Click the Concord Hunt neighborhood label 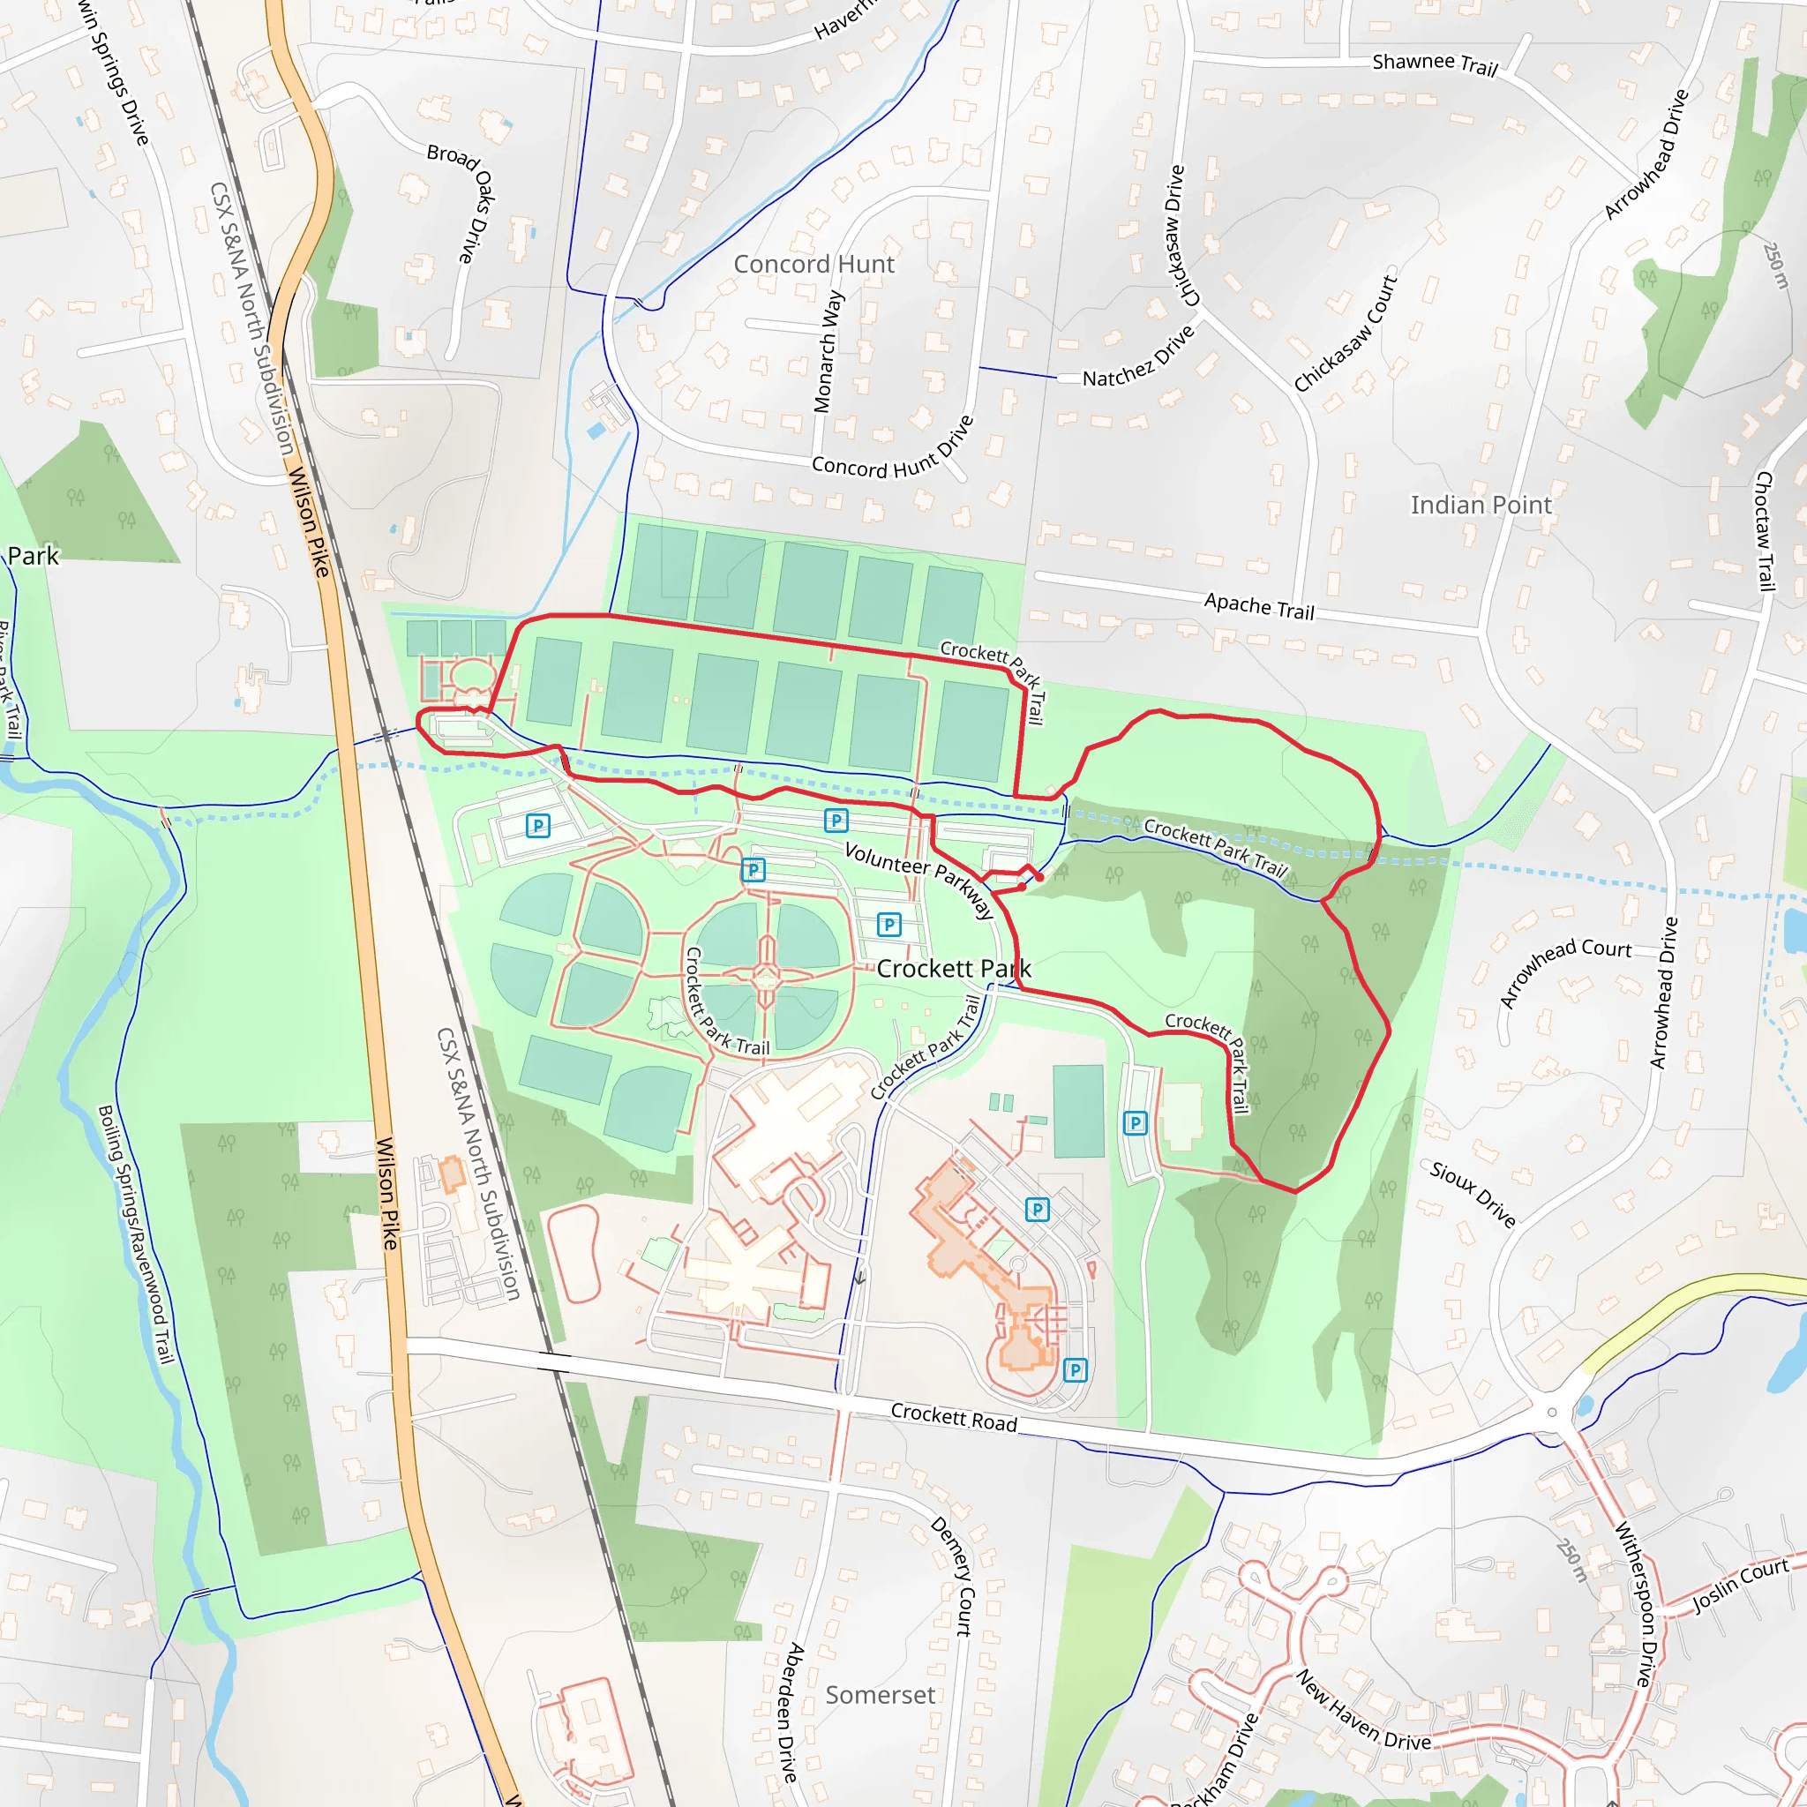(814, 265)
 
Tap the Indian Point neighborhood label (1481, 505)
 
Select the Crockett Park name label (953, 969)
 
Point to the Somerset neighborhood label (879, 1695)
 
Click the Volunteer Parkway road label (918, 880)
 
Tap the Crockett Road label (953, 1417)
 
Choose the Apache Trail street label (1259, 606)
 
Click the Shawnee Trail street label (1435, 64)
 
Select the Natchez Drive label (1138, 357)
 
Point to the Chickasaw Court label (1345, 334)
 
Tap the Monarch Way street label (829, 352)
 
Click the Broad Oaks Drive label (462, 200)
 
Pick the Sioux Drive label (1473, 1194)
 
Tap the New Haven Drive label (1361, 1710)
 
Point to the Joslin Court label (1741, 1586)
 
